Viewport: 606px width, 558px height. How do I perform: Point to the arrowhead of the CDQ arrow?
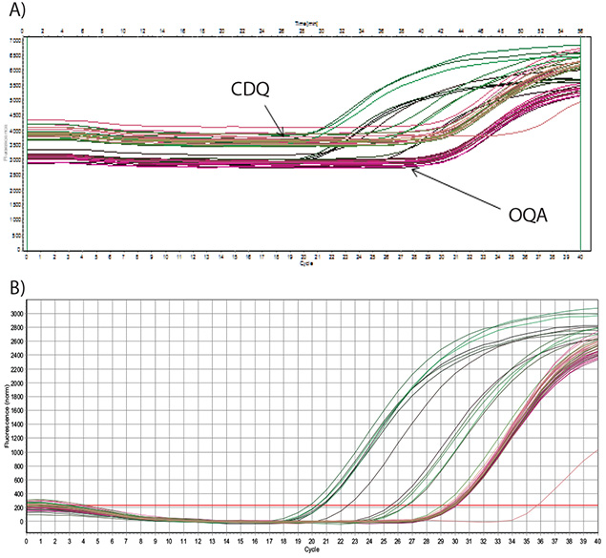(x=282, y=135)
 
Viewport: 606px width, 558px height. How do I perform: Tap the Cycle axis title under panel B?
(x=313, y=550)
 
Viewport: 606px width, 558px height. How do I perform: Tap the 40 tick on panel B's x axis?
(x=598, y=542)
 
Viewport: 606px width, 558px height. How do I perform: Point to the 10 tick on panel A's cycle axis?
(x=166, y=258)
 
